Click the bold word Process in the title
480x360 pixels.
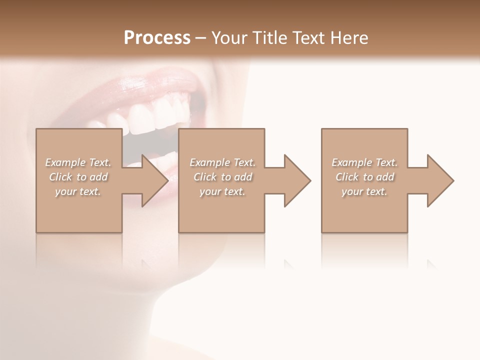click(x=157, y=38)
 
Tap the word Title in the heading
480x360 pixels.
click(x=270, y=38)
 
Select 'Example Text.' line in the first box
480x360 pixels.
click(x=78, y=162)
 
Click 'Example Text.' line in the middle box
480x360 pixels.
click(x=222, y=162)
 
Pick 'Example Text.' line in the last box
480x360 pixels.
click(x=364, y=162)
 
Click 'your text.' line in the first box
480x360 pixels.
click(x=78, y=191)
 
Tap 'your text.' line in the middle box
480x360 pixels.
click(x=222, y=191)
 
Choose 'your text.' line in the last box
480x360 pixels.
click(x=364, y=191)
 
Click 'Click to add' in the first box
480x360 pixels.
click(x=78, y=177)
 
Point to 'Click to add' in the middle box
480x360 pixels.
click(x=222, y=177)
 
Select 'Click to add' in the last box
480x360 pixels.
click(x=364, y=177)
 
